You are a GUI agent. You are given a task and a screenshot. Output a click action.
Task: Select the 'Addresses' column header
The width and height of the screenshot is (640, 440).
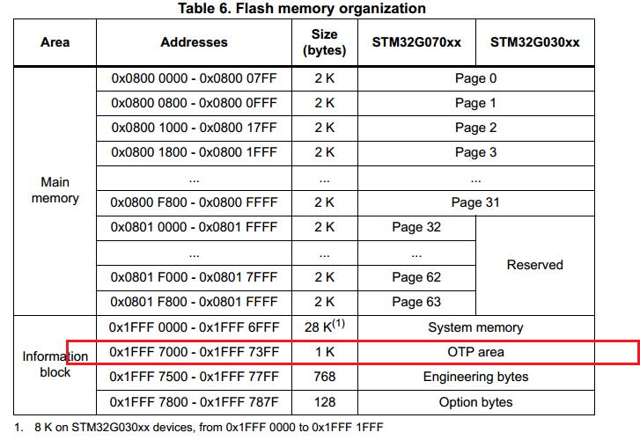(194, 42)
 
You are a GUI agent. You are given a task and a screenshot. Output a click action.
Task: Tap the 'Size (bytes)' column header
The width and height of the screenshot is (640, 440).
(324, 42)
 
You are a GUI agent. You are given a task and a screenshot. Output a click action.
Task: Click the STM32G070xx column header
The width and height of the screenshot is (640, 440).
(417, 42)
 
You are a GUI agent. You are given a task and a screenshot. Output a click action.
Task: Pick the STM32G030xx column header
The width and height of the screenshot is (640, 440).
(534, 42)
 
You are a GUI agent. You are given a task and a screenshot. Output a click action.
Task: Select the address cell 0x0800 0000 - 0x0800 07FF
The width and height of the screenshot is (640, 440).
(194, 78)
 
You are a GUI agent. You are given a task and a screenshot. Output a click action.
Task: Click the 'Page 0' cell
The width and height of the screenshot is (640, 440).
(475, 78)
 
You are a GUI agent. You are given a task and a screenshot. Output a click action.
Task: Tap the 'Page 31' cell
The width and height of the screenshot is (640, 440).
(475, 202)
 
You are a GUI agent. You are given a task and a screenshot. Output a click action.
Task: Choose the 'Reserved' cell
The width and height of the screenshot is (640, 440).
(534, 264)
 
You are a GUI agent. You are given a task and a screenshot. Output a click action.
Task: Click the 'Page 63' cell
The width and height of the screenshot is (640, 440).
(416, 302)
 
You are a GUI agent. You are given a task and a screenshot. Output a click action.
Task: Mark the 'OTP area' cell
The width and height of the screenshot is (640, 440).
(475, 352)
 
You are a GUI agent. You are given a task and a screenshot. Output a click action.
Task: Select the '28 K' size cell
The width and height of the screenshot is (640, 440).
(324, 327)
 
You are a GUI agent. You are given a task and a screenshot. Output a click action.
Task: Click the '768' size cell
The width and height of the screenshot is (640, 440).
(324, 377)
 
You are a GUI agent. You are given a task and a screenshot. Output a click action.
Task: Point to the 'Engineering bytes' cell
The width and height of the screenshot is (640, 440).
(475, 377)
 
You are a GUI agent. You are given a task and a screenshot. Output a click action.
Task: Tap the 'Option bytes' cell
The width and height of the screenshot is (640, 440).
(475, 402)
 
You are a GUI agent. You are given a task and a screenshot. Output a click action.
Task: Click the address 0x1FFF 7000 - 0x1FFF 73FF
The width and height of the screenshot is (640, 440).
(194, 352)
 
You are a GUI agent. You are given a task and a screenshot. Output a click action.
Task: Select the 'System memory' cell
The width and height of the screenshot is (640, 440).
(475, 327)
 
